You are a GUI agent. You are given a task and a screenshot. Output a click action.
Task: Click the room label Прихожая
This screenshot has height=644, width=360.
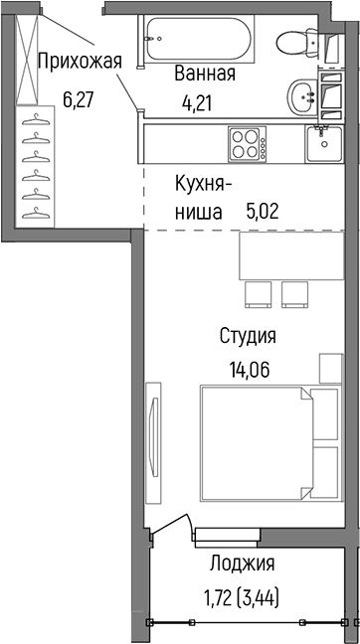tap(80, 61)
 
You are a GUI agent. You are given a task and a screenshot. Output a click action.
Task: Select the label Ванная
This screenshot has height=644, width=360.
tap(204, 74)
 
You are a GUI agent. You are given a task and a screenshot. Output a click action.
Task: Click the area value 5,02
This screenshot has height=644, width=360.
tap(264, 210)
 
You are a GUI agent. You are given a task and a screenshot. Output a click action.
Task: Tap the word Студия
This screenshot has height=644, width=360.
tap(248, 336)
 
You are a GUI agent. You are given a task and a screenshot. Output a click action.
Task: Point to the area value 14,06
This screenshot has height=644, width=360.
tap(248, 371)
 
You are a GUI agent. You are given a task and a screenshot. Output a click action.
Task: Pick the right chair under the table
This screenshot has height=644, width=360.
tap(295, 293)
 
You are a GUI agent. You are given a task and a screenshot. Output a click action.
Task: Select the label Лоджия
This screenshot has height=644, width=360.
tap(243, 564)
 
